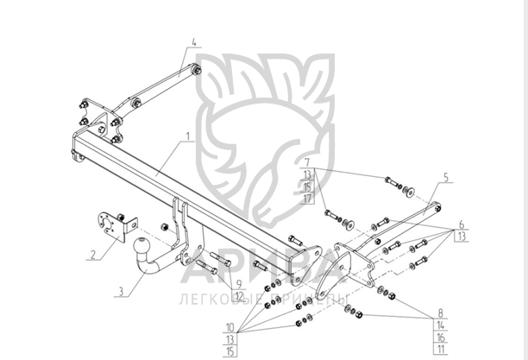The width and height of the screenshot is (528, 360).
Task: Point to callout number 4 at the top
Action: coord(193,41)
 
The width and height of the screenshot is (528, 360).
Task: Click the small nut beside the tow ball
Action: coord(161,227)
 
